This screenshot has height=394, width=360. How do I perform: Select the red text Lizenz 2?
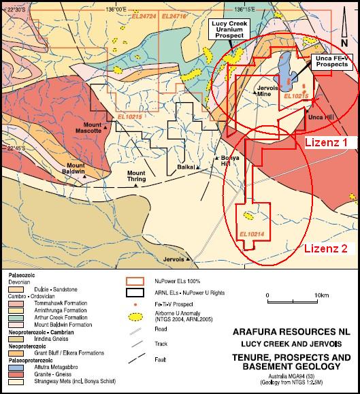325,248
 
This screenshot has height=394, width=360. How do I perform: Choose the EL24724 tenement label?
146,14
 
